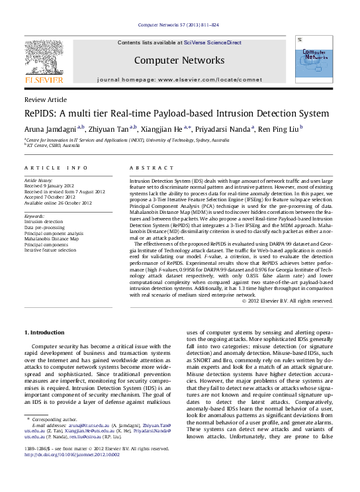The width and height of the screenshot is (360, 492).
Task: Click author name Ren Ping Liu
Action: (278, 129)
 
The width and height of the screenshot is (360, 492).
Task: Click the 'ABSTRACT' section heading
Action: (151, 168)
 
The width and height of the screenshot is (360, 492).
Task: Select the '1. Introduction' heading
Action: (45, 332)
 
